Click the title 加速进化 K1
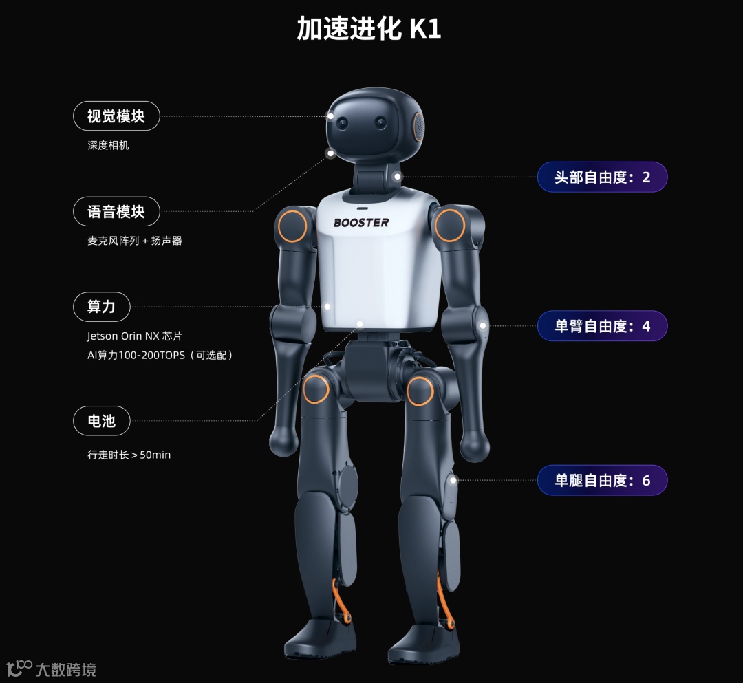(369, 28)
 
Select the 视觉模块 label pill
(116, 116)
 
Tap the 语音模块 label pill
(116, 211)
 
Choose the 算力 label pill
(102, 306)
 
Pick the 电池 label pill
(102, 420)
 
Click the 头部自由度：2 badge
(602, 177)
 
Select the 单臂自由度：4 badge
(602, 326)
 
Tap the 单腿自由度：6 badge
(602, 480)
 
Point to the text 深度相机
(108, 146)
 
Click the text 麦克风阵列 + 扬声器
(134, 241)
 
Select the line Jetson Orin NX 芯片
(135, 336)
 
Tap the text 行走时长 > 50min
(129, 455)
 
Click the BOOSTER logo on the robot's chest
(361, 223)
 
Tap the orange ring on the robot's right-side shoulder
(450, 225)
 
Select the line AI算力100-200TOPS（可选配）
(160, 355)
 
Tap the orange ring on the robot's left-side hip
(316, 389)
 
